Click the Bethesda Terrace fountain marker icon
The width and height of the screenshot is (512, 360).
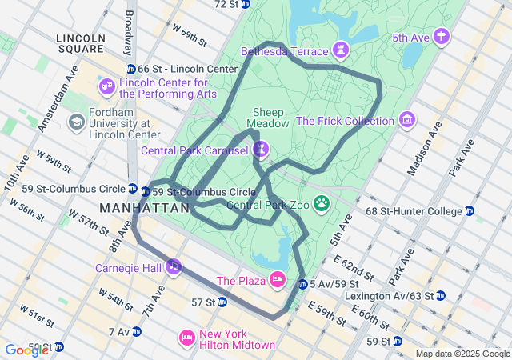click(x=342, y=51)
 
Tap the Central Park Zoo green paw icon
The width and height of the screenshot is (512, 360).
click(x=322, y=204)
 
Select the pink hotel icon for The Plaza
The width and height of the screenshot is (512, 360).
click(x=277, y=280)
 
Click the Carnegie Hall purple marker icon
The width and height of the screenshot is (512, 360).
click(x=173, y=266)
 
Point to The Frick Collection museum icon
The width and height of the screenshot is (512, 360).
click(x=407, y=121)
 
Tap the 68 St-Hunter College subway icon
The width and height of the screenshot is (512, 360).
click(x=470, y=211)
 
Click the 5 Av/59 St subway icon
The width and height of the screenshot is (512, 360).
click(x=302, y=284)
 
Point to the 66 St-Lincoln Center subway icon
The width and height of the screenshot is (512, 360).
click(x=131, y=69)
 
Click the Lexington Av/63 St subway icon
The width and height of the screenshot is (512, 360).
click(x=441, y=296)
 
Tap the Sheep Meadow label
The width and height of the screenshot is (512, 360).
click(x=267, y=118)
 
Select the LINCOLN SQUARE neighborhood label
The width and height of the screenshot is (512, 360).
click(x=81, y=45)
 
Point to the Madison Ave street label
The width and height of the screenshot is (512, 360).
click(x=425, y=149)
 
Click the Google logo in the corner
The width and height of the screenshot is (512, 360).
click(x=26, y=350)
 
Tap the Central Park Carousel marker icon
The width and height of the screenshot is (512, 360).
click(x=261, y=149)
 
